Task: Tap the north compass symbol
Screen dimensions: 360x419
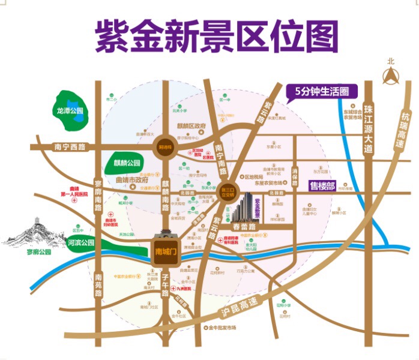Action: click(x=391, y=74)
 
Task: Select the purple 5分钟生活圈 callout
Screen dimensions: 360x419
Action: click(x=322, y=91)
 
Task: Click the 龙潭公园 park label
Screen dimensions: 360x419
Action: click(x=69, y=111)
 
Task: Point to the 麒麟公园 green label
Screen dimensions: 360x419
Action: click(x=126, y=163)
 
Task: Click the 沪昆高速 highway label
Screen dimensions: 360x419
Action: click(x=235, y=305)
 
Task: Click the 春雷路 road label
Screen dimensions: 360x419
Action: click(x=244, y=227)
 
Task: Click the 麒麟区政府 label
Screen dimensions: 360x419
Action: click(x=191, y=127)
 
